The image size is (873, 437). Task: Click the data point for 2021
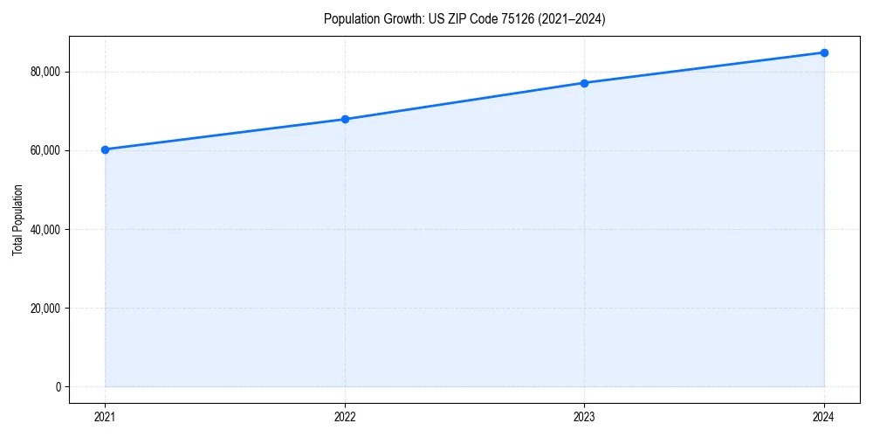[x=105, y=149]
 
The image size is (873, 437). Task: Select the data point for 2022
[x=345, y=119]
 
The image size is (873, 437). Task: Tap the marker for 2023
[x=584, y=83]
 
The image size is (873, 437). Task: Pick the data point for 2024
[x=824, y=52]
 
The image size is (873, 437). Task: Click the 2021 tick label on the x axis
[x=105, y=416]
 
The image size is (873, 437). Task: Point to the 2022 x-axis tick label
[x=345, y=416]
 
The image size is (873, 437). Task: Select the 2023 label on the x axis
[x=584, y=416]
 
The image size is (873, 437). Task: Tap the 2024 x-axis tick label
[x=824, y=416]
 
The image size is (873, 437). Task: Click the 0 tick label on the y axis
[x=57, y=387]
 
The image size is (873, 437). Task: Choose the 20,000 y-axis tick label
[x=45, y=309]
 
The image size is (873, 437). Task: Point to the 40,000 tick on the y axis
[x=45, y=230]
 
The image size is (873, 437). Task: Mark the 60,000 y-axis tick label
[x=45, y=150]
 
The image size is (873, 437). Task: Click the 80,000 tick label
[x=45, y=72]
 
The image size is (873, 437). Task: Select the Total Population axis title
[x=17, y=220]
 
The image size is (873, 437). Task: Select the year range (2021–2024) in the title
[x=572, y=19]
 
